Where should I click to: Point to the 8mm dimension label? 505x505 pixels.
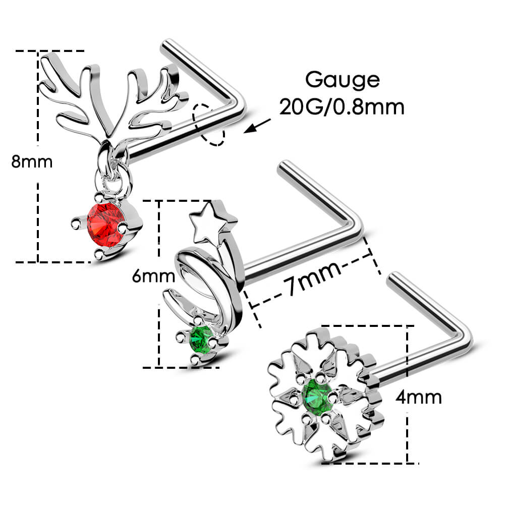click(x=31, y=162)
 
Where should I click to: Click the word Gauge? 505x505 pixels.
click(x=342, y=80)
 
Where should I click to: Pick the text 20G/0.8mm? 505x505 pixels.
click(x=342, y=107)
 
